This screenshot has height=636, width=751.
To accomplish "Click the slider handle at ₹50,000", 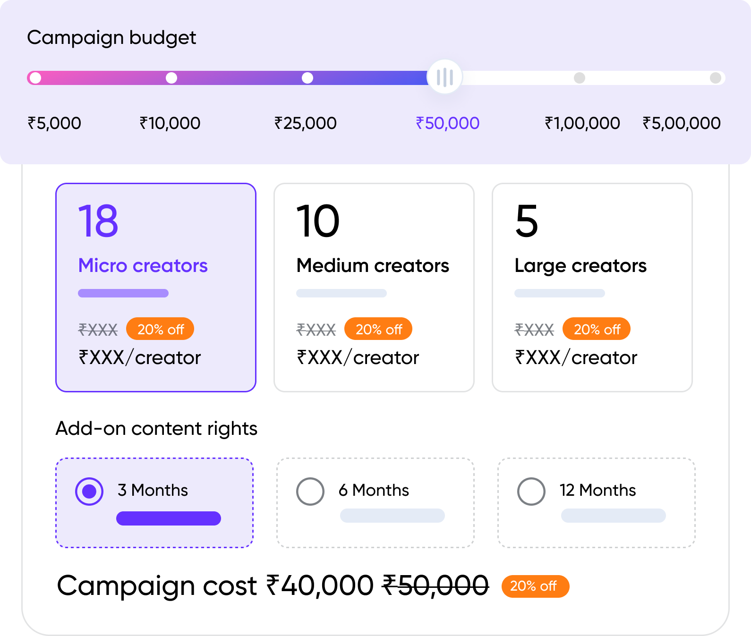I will (444, 77).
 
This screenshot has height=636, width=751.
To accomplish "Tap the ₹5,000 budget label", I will (54, 123).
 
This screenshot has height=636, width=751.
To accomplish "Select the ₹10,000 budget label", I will (170, 123).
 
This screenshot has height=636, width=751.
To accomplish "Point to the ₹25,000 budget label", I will (306, 123).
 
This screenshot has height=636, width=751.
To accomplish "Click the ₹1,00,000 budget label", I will (582, 123).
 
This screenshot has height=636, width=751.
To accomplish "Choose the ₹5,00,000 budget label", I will (682, 123).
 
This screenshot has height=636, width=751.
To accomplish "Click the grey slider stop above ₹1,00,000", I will (580, 78).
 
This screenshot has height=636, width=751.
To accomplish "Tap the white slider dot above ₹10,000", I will (171, 78).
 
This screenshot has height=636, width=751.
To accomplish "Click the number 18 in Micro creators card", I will (98, 221).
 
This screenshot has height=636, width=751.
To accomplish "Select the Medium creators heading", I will (373, 266).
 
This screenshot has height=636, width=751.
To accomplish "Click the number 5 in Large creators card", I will (527, 221).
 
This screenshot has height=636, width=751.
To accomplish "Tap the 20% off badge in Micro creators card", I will (160, 329).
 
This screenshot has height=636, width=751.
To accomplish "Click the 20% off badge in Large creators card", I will (597, 329).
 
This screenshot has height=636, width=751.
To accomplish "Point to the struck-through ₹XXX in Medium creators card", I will (316, 329).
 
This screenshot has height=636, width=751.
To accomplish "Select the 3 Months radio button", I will (89, 492).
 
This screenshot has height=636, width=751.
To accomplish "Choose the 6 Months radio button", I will (310, 492).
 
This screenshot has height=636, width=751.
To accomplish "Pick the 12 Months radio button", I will (531, 492).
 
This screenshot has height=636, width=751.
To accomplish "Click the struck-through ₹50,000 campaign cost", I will (435, 586).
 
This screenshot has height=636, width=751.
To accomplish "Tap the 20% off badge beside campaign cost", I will (535, 586).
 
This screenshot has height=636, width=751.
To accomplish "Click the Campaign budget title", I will (111, 38).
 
